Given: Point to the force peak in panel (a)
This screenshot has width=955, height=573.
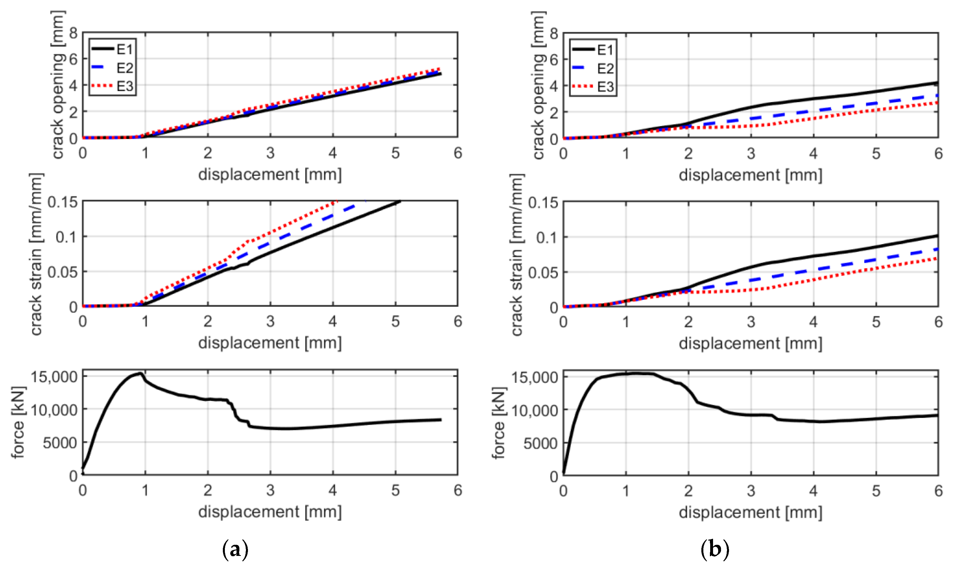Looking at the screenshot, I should (x=140, y=373).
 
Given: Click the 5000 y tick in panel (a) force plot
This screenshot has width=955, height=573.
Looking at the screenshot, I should (x=60, y=443).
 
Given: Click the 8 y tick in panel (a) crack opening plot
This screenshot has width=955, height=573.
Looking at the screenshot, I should (x=73, y=34).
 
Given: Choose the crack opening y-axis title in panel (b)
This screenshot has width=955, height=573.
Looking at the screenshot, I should (x=538, y=85).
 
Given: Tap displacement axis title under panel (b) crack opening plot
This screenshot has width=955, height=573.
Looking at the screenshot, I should (x=750, y=175).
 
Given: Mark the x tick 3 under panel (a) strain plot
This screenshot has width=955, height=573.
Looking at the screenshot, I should (x=270, y=321).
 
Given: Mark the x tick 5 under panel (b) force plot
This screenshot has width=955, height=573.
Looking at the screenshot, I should (x=876, y=491).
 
